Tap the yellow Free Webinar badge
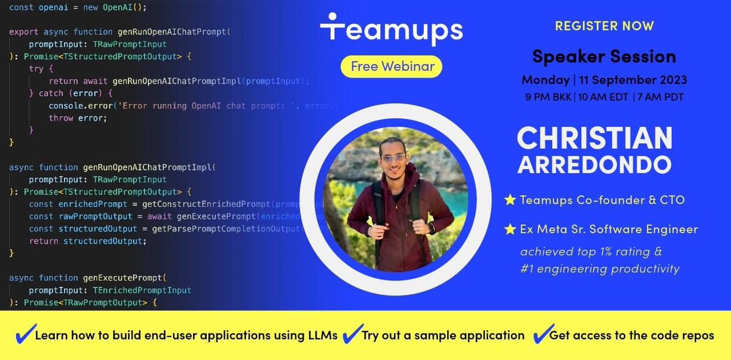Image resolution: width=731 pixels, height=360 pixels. point(391,66)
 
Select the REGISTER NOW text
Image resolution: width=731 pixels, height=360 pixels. point(604,26)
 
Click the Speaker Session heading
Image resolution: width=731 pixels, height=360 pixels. point(604,57)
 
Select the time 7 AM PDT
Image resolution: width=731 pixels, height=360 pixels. point(663,96)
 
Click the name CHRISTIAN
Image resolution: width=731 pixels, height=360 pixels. point(595,138)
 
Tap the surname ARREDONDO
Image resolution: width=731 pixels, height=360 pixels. point(595,164)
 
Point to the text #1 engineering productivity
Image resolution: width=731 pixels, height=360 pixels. point(600,269)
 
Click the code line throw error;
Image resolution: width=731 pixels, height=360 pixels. point(77,118)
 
